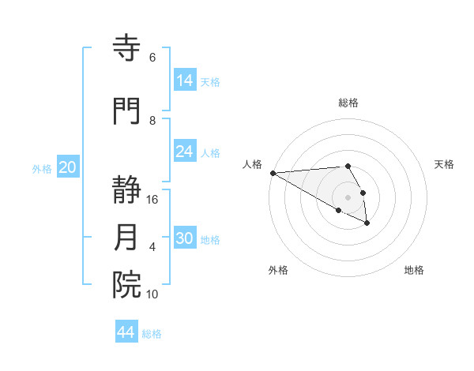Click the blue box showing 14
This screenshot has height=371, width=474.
(185, 81)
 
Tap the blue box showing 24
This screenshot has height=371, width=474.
(185, 152)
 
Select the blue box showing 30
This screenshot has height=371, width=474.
(185, 238)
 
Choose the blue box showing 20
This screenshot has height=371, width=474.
(68, 167)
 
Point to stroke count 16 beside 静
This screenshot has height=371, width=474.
(152, 200)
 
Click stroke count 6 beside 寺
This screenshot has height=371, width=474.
(152, 58)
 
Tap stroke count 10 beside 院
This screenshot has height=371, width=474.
(152, 294)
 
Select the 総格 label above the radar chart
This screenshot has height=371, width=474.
(348, 103)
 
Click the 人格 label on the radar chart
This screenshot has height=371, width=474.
(253, 164)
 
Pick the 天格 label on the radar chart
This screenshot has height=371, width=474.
(444, 164)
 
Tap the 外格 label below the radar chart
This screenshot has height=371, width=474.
(278, 270)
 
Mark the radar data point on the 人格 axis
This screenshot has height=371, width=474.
(273, 173)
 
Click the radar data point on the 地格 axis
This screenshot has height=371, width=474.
(367, 223)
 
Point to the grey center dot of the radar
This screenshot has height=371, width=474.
(348, 197)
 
